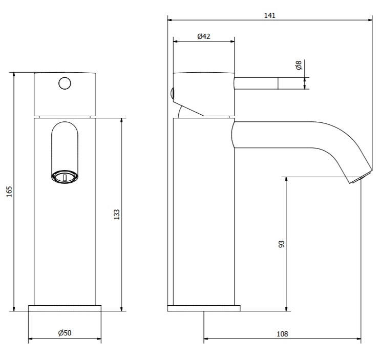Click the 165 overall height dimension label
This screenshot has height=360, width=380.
[9, 192]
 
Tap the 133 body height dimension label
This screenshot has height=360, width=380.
[117, 215]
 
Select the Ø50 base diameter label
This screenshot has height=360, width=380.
[65, 333]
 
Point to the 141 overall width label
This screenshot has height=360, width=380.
[270, 15]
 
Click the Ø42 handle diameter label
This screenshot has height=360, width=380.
[204, 36]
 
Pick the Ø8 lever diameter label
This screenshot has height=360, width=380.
[299, 65]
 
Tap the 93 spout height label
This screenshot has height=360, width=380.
[281, 244]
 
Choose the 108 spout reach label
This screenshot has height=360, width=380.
[282, 334]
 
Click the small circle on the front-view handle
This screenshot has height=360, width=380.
[65, 83]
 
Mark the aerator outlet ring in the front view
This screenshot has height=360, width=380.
[65, 176]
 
